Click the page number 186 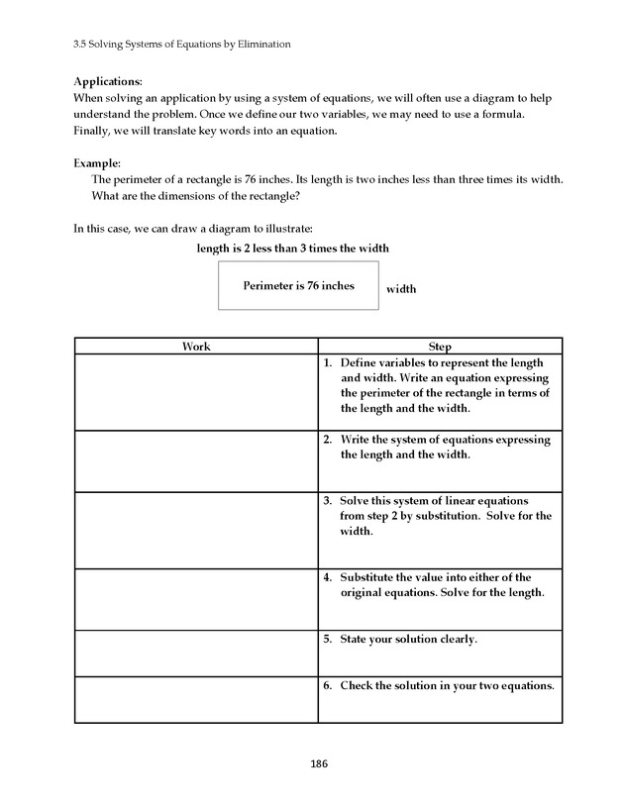(319, 763)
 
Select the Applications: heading (108, 81)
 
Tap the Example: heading (97, 162)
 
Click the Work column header (196, 347)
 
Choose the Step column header (440, 347)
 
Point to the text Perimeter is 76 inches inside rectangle (298, 286)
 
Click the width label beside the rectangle (401, 289)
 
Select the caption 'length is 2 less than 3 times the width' (300, 248)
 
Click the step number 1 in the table (327, 363)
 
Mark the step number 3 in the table (327, 501)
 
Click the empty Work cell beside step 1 (196, 392)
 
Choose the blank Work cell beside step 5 (196, 653)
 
